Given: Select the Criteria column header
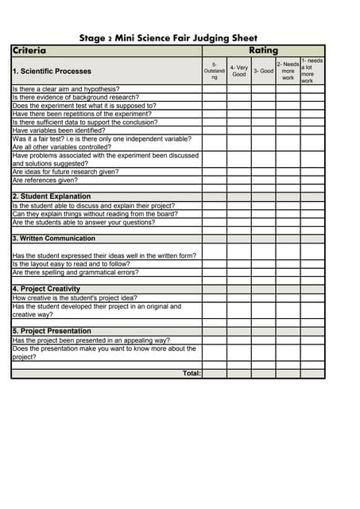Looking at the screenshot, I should pyautogui.click(x=29, y=50).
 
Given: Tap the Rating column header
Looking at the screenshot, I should pyautogui.click(x=263, y=50).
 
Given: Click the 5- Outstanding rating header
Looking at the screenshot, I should pyautogui.click(x=214, y=71).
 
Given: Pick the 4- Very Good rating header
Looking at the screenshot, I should pyautogui.click(x=238, y=71).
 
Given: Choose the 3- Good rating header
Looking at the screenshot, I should pyautogui.click(x=263, y=71).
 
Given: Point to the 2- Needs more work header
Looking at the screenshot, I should pyautogui.click(x=288, y=71).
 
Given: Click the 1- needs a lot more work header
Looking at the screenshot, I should pyautogui.click(x=312, y=71).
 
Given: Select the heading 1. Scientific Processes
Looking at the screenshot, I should pyautogui.click(x=52, y=72).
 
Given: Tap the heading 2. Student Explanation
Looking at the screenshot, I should pyautogui.click(x=52, y=196).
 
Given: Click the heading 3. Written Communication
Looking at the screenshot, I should pyautogui.click(x=54, y=239).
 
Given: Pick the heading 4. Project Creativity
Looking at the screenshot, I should pyautogui.click(x=46, y=289).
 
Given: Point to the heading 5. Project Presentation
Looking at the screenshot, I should pyautogui.click(x=52, y=332).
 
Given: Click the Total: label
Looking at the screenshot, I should pyautogui.click(x=192, y=373).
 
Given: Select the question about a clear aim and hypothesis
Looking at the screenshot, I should pyautogui.click(x=66, y=89).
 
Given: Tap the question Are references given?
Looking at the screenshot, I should pyautogui.click(x=45, y=180).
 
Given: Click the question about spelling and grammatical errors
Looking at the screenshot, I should pyautogui.click(x=75, y=272).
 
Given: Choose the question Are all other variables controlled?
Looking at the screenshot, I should pyautogui.click(x=62, y=147).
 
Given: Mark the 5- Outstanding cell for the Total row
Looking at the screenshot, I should pyautogui.click(x=214, y=373).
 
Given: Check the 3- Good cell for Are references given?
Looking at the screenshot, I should pyautogui.click(x=263, y=180).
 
